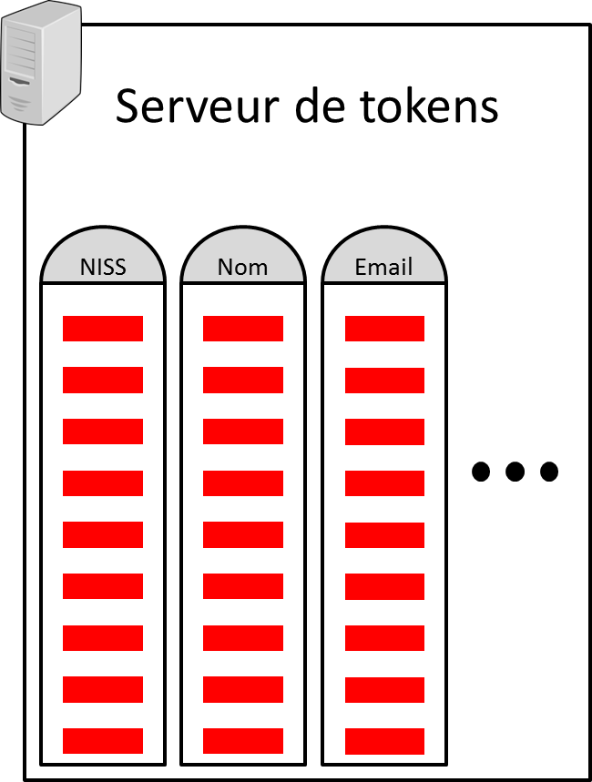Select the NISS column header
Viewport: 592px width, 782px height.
click(103, 267)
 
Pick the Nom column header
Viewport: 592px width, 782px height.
click(243, 267)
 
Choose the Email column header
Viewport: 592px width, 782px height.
click(383, 267)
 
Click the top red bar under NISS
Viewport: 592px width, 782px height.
click(103, 329)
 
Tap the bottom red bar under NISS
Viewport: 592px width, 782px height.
click(103, 741)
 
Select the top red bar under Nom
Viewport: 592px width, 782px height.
click(243, 329)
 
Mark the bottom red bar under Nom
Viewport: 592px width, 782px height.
click(243, 741)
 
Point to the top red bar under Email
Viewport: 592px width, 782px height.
click(384, 329)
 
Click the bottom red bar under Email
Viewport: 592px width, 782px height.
click(384, 741)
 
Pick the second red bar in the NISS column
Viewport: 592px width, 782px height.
click(103, 380)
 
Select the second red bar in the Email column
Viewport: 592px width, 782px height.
click(384, 380)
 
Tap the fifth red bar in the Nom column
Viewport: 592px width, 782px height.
click(243, 535)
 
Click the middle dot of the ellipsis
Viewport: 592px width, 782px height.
click(515, 472)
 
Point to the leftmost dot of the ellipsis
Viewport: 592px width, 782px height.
click(481, 472)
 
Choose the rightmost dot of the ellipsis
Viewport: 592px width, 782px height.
click(548, 472)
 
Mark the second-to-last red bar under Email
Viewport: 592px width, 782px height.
click(384, 690)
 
